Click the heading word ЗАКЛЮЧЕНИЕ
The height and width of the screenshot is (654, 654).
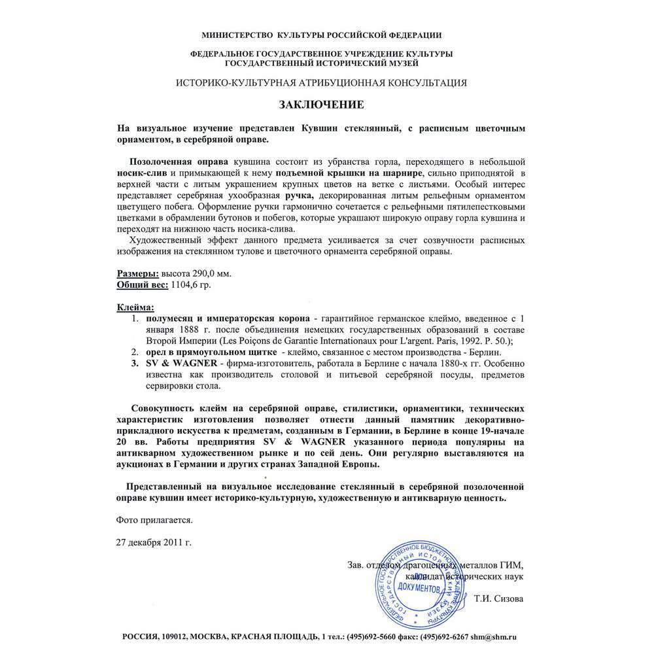(321, 105)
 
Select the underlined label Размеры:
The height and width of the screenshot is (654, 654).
(137, 273)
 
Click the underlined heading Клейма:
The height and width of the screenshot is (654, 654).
(136, 307)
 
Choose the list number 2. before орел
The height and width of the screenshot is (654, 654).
(135, 351)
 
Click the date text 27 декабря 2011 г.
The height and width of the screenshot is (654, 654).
(154, 542)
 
